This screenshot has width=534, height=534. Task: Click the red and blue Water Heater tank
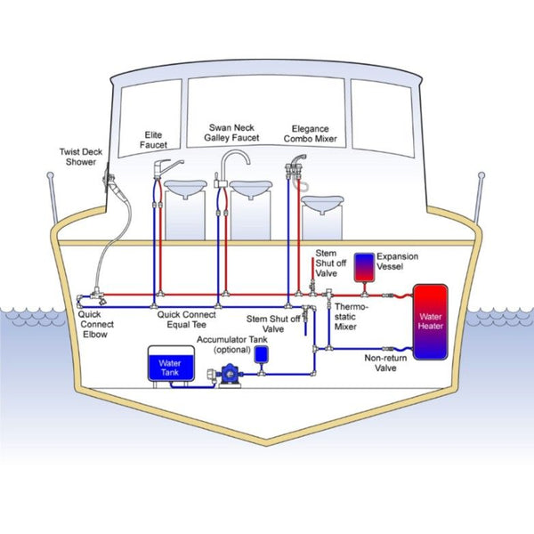(428, 321)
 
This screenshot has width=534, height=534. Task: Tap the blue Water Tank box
(169, 365)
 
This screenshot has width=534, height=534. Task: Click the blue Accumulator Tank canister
(262, 352)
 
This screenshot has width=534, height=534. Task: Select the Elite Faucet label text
(153, 140)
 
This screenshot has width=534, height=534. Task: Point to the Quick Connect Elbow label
(95, 324)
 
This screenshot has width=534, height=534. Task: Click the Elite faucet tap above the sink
(168, 167)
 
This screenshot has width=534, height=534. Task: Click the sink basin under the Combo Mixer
(323, 204)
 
